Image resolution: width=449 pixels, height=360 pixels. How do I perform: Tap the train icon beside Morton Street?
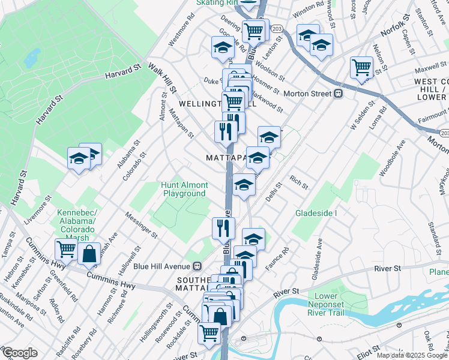[339, 94]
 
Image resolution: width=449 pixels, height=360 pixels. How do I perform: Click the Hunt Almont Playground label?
[184, 189]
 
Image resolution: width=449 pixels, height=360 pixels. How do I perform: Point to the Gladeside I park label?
[316, 213]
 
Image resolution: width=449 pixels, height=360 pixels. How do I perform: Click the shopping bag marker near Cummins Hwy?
[89, 254]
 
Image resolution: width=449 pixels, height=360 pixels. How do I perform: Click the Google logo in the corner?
[19, 352]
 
